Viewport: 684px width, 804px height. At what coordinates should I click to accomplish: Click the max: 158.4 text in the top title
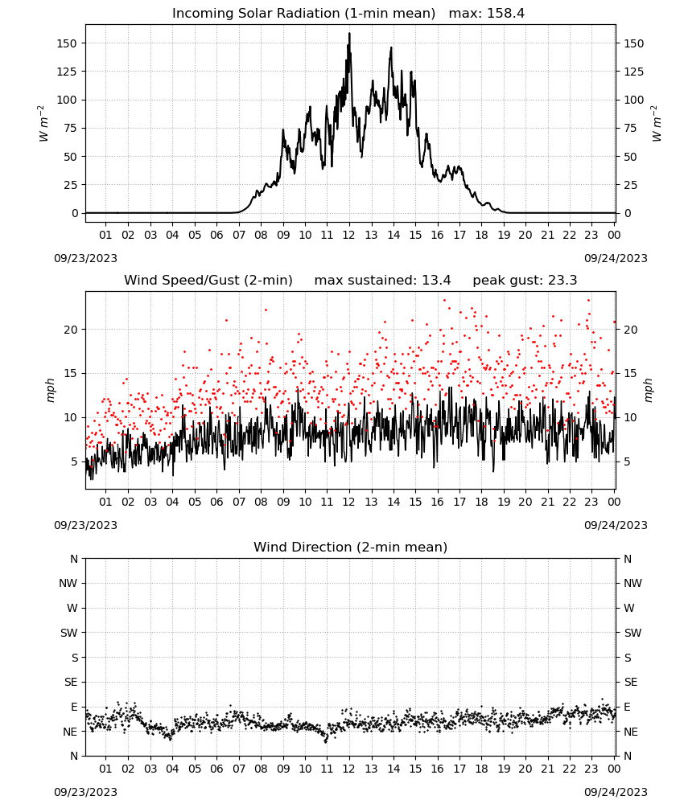pyautogui.click(x=487, y=14)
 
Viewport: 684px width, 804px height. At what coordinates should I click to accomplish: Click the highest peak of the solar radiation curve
pyautogui.click(x=349, y=33)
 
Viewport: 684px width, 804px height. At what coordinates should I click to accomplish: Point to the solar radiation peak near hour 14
pyautogui.click(x=391, y=47)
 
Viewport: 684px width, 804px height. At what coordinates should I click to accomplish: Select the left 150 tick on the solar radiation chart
pyautogui.click(x=67, y=43)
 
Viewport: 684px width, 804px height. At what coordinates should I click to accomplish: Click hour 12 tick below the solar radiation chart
pyautogui.click(x=349, y=235)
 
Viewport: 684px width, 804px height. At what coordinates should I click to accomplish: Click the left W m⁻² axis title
pyautogui.click(x=43, y=124)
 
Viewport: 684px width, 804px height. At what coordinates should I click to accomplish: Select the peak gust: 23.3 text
pyautogui.click(x=525, y=281)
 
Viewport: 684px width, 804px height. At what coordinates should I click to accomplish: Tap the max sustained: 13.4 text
pyautogui.click(x=382, y=281)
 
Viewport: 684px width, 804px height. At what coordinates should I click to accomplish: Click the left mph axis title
pyautogui.click(x=50, y=390)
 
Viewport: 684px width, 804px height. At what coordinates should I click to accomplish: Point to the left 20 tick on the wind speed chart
pyautogui.click(x=70, y=330)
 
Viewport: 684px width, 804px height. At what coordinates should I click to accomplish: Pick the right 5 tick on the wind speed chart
pyautogui.click(x=627, y=461)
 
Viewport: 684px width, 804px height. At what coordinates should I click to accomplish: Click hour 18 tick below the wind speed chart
pyautogui.click(x=481, y=502)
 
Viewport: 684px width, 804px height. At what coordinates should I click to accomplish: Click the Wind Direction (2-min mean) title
pyautogui.click(x=351, y=547)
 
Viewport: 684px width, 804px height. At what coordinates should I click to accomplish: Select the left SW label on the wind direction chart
pyautogui.click(x=68, y=633)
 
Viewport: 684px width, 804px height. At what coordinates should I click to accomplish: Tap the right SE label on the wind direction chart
pyautogui.click(x=631, y=682)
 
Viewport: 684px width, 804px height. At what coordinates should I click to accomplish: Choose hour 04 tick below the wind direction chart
pyautogui.click(x=172, y=769)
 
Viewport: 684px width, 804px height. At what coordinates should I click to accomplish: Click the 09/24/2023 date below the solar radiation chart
pyautogui.click(x=616, y=258)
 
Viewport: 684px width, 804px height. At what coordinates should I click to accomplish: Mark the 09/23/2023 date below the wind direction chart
pyautogui.click(x=85, y=792)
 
